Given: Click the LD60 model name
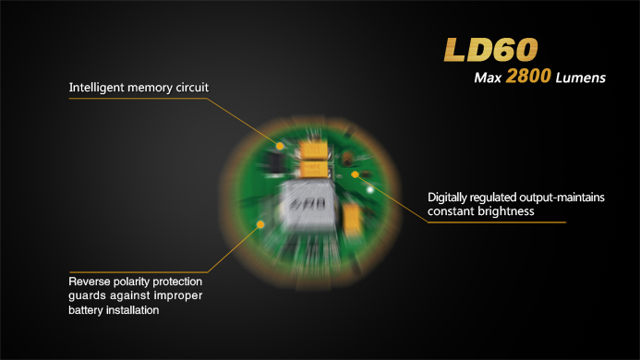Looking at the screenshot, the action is (491, 50).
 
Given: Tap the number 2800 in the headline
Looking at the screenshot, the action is (528, 76).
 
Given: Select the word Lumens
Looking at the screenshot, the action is (580, 78).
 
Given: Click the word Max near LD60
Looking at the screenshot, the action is (488, 78).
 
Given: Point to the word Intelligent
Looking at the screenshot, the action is (96, 88).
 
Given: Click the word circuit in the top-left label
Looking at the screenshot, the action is (192, 88).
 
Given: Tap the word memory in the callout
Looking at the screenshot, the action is (150, 89).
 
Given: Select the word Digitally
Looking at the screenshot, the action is (447, 198).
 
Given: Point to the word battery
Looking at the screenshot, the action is (85, 310).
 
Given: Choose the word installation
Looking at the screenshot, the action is (132, 310).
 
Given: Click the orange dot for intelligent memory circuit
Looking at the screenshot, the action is (280, 146).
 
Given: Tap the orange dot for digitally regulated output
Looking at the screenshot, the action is (356, 174).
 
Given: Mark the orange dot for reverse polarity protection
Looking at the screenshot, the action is (260, 224).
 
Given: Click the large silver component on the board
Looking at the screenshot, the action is (307, 206).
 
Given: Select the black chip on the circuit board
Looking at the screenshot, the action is (275, 162).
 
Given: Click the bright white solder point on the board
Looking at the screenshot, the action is (369, 189).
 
